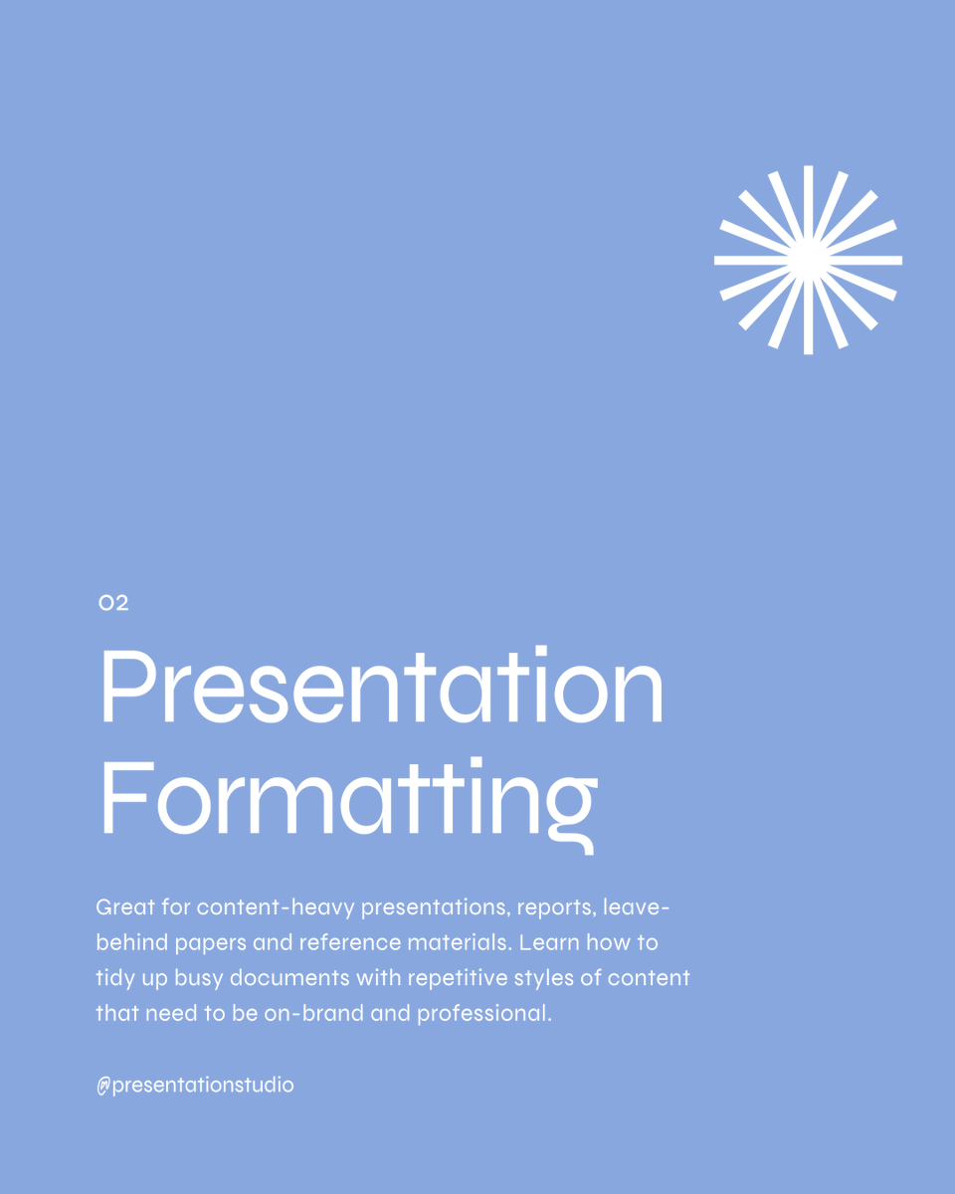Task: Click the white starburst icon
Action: pyautogui.click(x=808, y=260)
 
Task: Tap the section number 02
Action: pyautogui.click(x=114, y=603)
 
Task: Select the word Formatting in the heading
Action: pyautogui.click(x=348, y=798)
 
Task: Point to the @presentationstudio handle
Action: pyautogui.click(x=195, y=1085)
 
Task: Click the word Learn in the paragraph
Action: pyautogui.click(x=548, y=942)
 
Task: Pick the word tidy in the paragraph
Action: pyautogui.click(x=115, y=977)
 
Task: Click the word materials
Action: pyautogui.click(x=455, y=942)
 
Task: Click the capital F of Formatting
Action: pyautogui.click(x=121, y=798)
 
